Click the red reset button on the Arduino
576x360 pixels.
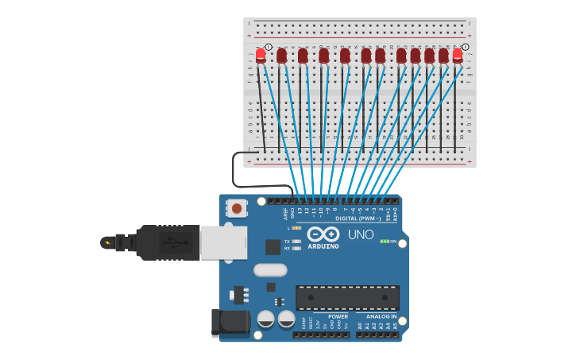pos(236,209)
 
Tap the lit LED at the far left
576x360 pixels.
pos(261,55)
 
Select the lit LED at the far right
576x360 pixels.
pos(458,55)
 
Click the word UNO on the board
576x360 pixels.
pos(361,234)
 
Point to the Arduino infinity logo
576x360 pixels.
pos(323,234)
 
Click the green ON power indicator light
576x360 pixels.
pos(384,241)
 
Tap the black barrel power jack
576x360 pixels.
pos(231,323)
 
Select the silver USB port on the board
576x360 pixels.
pos(222,242)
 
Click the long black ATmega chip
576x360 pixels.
pos(347,298)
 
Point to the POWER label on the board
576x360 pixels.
pos(338,316)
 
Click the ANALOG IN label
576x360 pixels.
pos(382,316)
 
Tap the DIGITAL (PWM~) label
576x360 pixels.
pos(356,218)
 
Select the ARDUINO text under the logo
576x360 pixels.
pos(323,246)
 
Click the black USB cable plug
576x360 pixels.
pos(167,242)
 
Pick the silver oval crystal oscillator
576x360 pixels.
pos(270,269)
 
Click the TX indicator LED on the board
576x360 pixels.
pos(296,241)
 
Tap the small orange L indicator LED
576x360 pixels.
pos(296,228)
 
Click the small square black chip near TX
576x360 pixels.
pos(273,247)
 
